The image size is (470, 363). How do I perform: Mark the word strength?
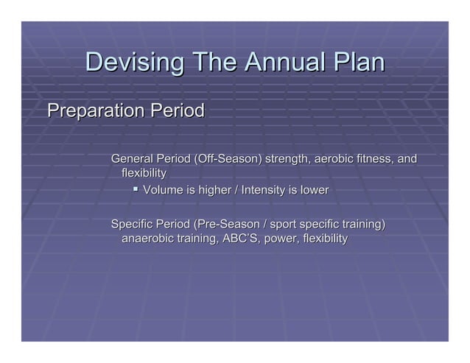pyautogui.click(x=287, y=159)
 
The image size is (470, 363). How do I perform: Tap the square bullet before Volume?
pyautogui.click(x=136, y=190)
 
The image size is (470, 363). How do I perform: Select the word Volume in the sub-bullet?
pyautogui.click(x=163, y=191)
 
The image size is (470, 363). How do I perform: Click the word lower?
pyautogui.click(x=314, y=191)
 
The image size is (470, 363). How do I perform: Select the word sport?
pyautogui.click(x=286, y=224)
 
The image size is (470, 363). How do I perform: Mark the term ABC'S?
pyautogui.click(x=236, y=239)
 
